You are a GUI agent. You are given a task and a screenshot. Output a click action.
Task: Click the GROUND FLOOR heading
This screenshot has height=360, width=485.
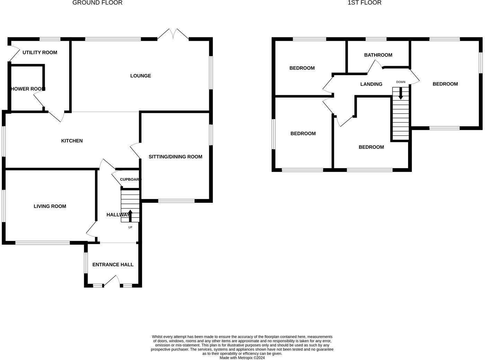97,3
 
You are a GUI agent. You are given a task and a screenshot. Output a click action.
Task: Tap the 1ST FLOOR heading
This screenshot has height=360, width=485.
364,3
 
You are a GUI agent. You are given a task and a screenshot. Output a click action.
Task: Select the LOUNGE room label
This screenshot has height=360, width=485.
141,76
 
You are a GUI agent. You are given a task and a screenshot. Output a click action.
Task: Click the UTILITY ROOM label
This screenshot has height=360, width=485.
40,53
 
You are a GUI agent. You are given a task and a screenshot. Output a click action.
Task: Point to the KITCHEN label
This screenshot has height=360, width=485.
72,141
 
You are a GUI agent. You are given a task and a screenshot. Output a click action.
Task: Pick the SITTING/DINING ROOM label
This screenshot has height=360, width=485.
175,157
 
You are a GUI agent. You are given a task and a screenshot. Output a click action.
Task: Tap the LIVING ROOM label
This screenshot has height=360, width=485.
50,206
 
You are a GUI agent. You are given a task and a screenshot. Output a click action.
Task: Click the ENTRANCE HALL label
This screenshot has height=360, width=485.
113,265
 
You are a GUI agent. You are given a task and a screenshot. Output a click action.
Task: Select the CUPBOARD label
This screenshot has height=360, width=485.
130,179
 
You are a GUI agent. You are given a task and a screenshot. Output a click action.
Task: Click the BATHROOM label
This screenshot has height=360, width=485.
378,55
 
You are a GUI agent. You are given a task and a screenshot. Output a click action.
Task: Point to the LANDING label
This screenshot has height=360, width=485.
371,84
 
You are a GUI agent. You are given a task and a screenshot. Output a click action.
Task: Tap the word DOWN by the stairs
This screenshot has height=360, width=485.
401,82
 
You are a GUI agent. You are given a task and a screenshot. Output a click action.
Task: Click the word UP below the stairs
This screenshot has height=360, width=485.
130,227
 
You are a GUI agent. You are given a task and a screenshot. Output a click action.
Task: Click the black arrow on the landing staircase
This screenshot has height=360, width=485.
401,93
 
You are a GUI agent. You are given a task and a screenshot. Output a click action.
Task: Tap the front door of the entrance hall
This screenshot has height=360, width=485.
112,281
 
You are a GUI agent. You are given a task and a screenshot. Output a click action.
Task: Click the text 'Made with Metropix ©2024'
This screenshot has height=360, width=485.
242,358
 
